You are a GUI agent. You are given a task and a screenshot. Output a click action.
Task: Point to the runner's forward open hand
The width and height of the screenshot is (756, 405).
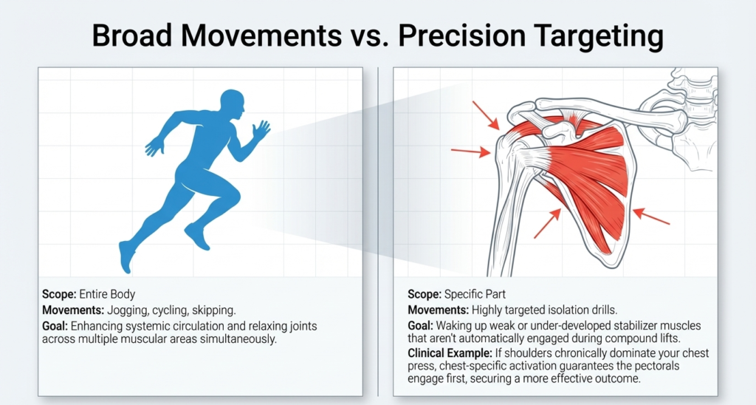point(261,131)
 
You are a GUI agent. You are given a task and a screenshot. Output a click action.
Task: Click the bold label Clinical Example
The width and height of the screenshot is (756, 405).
point(447,353)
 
